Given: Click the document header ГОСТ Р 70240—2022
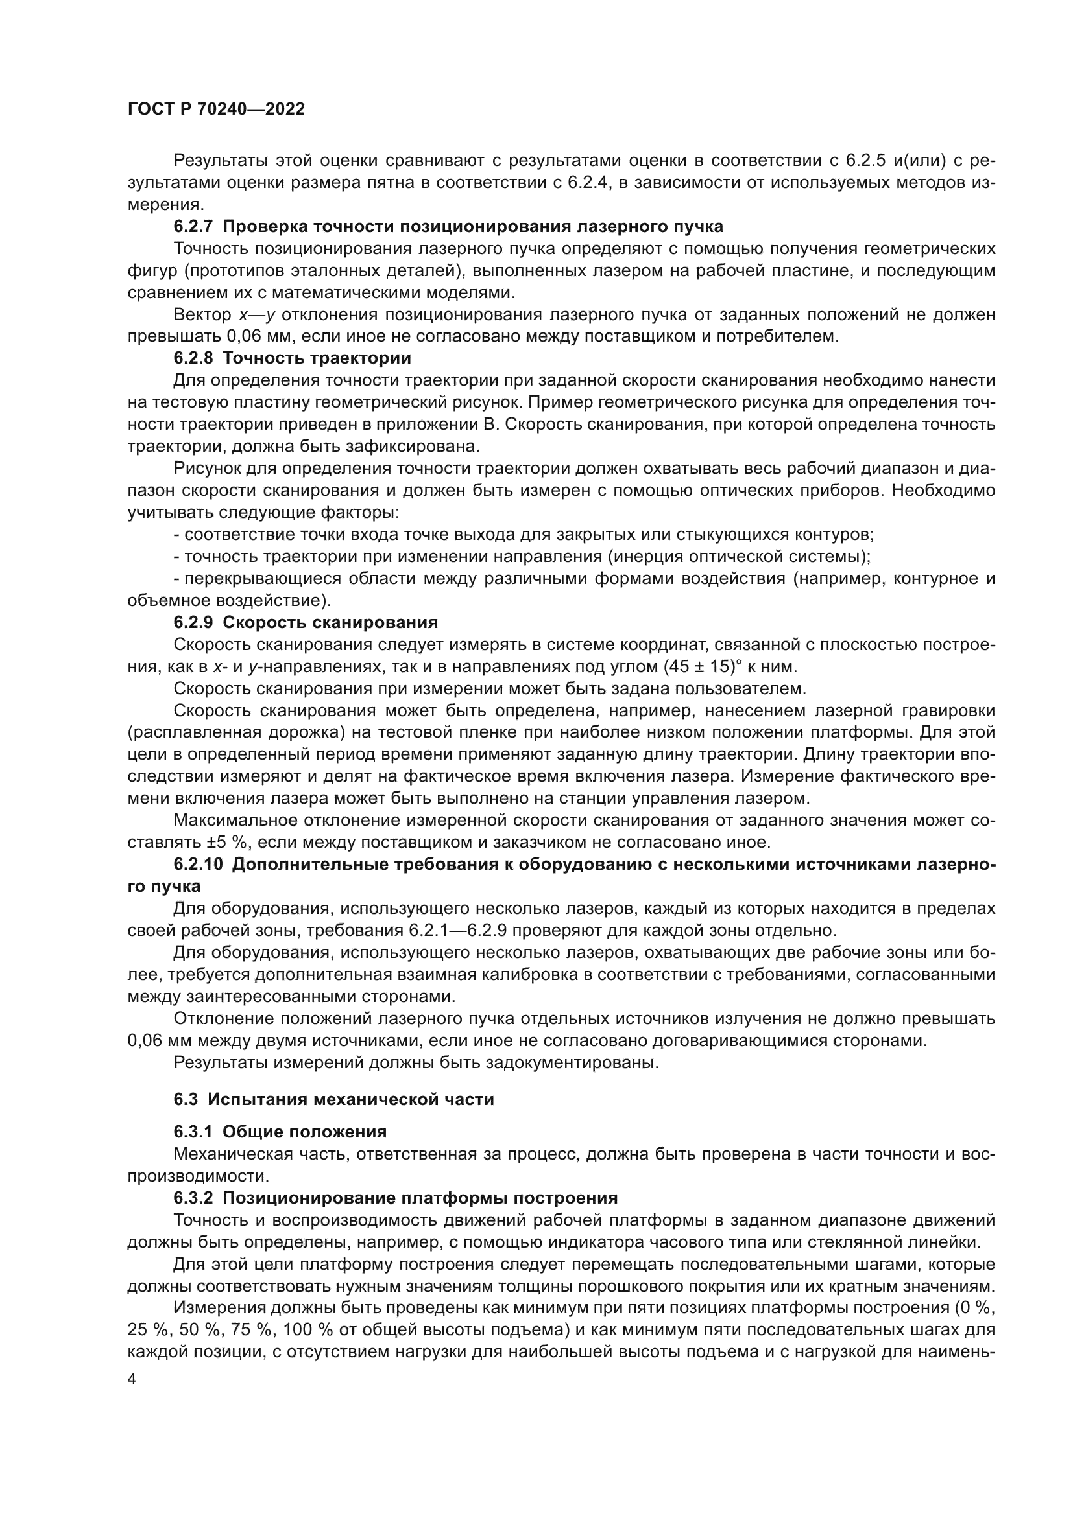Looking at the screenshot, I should tap(216, 110).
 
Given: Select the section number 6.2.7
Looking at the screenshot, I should tap(193, 226).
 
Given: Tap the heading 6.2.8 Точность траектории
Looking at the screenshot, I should tap(292, 358).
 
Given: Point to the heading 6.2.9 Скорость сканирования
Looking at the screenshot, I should tap(306, 622).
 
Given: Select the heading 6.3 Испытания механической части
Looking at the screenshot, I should tap(333, 1099).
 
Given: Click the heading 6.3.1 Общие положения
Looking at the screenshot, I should tap(280, 1132).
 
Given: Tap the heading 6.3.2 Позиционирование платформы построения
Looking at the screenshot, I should tap(395, 1198).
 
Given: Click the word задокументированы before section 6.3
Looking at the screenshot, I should tap(571, 1063).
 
